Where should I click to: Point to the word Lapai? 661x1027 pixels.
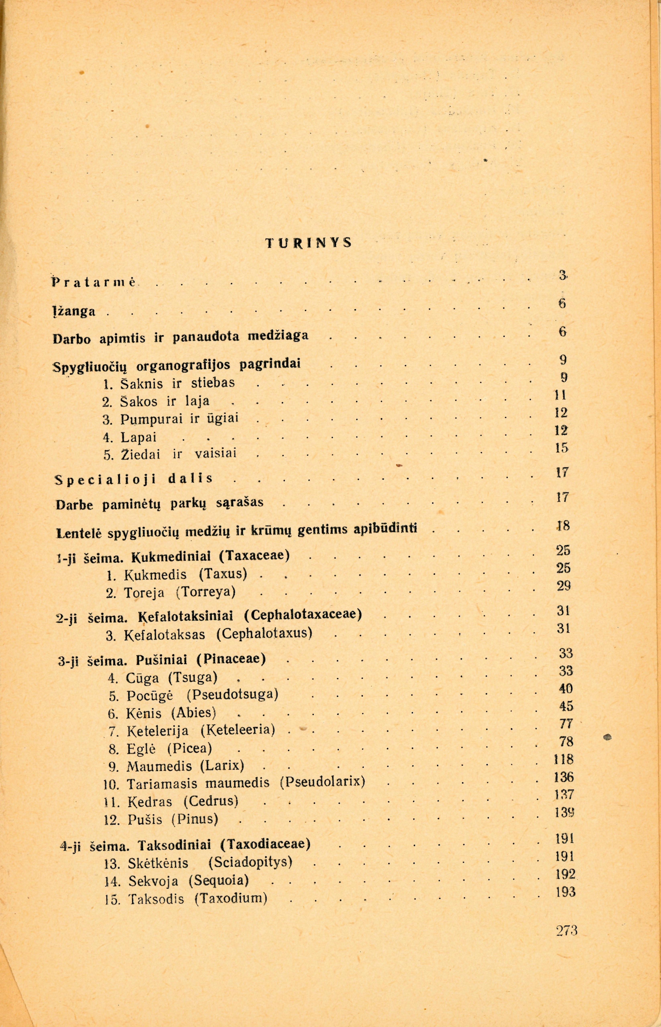point(139,437)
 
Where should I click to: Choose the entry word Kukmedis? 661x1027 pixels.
point(155,574)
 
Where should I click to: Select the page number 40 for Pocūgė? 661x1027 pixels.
point(566,689)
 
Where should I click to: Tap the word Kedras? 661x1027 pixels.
point(149,801)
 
